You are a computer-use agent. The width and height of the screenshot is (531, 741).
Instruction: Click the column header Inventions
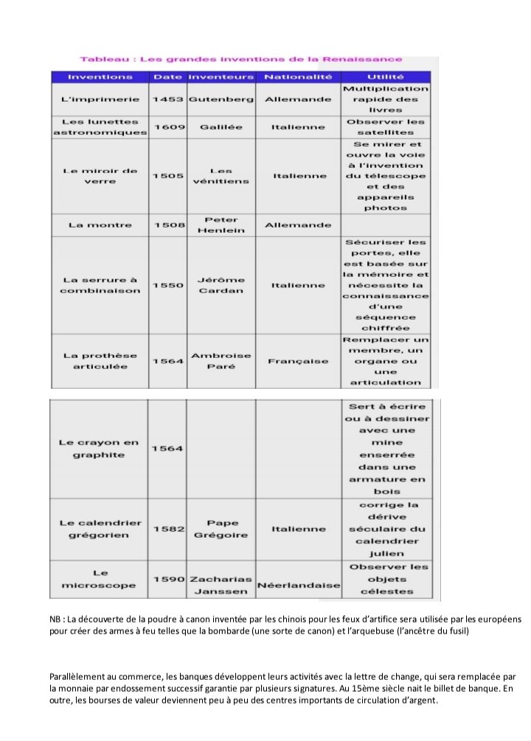click(100, 77)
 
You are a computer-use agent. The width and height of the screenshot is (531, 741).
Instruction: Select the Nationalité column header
click(298, 77)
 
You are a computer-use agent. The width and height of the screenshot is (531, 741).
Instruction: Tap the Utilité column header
click(385, 77)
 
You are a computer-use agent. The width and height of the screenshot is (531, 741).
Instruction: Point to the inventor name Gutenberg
click(221, 99)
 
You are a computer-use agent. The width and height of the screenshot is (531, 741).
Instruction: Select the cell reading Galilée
click(221, 127)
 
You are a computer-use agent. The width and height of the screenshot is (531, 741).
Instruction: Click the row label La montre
click(100, 225)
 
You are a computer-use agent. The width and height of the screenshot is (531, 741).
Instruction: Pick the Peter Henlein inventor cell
click(221, 225)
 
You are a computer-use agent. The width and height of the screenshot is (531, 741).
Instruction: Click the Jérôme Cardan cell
click(221, 285)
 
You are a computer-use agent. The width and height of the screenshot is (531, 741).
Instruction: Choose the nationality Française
click(298, 362)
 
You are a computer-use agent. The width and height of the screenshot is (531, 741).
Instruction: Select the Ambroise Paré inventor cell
click(221, 362)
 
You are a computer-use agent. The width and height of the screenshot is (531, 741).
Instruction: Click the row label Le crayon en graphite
click(98, 449)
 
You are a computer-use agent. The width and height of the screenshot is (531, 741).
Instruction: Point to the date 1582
click(167, 529)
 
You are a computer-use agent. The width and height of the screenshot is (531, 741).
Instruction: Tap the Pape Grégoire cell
click(221, 529)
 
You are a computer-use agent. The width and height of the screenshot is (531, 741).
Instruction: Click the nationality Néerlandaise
click(298, 586)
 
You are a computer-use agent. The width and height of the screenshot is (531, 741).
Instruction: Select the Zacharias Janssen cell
click(221, 586)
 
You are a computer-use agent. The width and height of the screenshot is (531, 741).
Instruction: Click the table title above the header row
click(241, 59)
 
